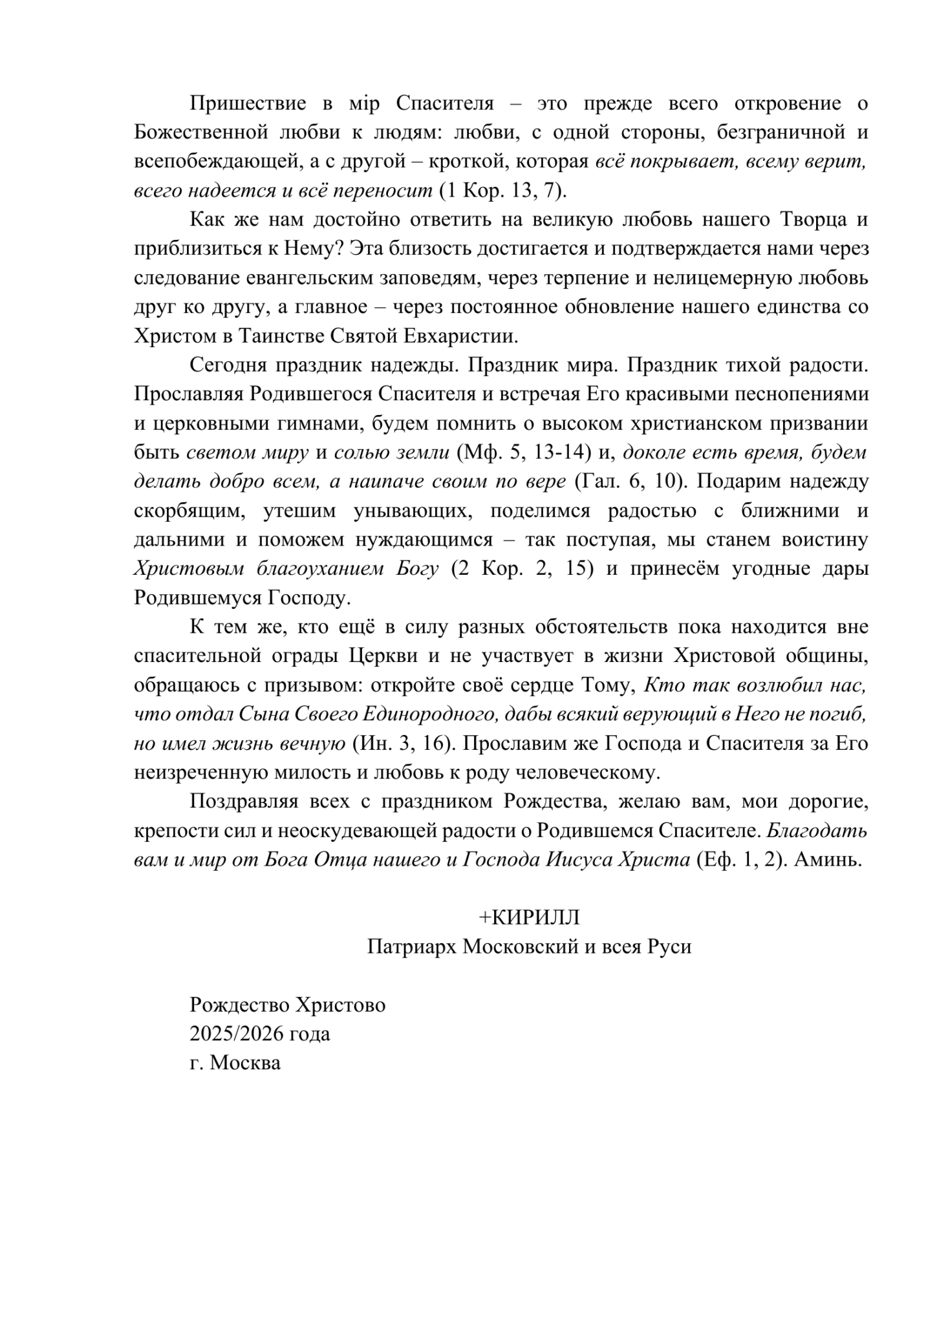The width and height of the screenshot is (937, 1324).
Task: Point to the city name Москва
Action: (x=246, y=1063)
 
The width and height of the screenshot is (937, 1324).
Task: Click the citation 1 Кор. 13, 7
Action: (x=502, y=190)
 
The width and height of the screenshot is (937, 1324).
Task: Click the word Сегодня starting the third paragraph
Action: (x=228, y=365)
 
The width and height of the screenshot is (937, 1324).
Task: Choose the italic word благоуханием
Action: (x=312, y=569)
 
